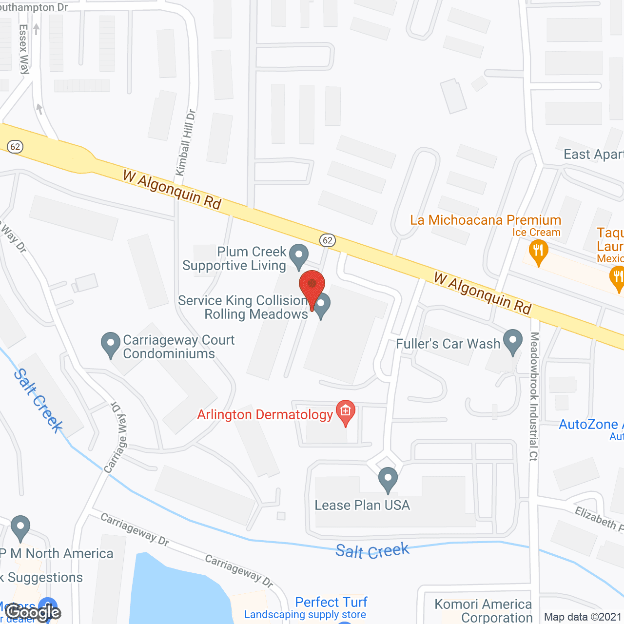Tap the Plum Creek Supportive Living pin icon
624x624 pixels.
(x=298, y=255)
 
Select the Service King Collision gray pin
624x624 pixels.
(x=321, y=305)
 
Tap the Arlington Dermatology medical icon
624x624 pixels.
(x=346, y=412)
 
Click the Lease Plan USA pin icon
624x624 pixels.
(x=388, y=478)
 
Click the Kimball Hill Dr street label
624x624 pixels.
(x=186, y=143)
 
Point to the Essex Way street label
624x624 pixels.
(x=24, y=49)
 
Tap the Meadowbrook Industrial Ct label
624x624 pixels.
(x=534, y=396)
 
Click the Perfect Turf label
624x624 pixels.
(x=331, y=602)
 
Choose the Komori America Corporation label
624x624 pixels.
(x=483, y=611)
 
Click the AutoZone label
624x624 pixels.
(x=588, y=425)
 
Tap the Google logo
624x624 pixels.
(x=33, y=612)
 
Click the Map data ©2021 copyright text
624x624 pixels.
(x=583, y=617)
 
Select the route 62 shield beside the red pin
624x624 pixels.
(x=328, y=240)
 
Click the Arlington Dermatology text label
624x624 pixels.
(x=265, y=415)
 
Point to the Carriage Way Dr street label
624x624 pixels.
(x=116, y=438)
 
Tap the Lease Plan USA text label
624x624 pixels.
(x=362, y=506)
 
